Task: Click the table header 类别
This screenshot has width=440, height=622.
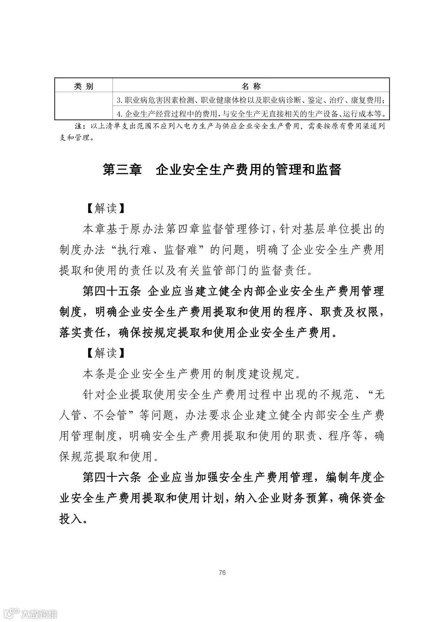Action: coord(83,86)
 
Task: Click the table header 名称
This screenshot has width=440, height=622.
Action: coord(251,86)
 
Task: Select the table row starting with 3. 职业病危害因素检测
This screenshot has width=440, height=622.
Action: coord(251,100)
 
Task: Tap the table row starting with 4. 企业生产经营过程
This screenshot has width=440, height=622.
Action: coord(251,113)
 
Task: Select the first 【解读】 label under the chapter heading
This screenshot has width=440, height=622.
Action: coord(105,208)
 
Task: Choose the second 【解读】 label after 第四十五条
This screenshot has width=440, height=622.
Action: coord(105,353)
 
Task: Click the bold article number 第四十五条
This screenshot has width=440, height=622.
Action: coord(111,292)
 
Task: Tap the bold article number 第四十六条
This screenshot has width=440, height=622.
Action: coord(111,477)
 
